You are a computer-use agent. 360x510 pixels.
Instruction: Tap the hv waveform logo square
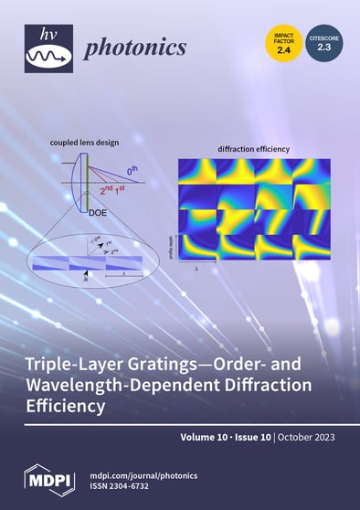[48, 48]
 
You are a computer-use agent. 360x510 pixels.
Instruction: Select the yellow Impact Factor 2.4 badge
[283, 43]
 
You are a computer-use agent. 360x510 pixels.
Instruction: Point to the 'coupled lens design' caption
[83, 142]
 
